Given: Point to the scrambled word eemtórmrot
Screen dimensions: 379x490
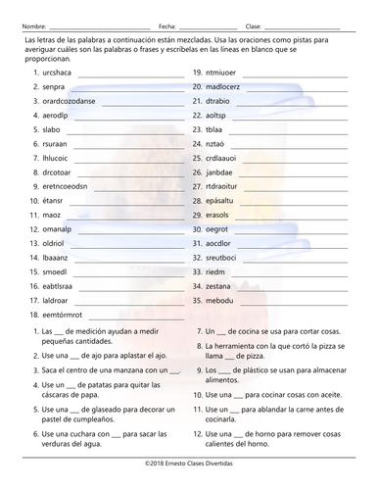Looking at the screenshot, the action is click(65, 316).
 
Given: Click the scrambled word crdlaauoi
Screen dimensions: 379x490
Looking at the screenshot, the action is click(225, 158).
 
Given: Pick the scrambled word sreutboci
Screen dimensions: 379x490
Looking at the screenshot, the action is click(224, 258).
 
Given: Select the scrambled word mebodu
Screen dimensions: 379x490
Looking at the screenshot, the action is click(220, 301).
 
